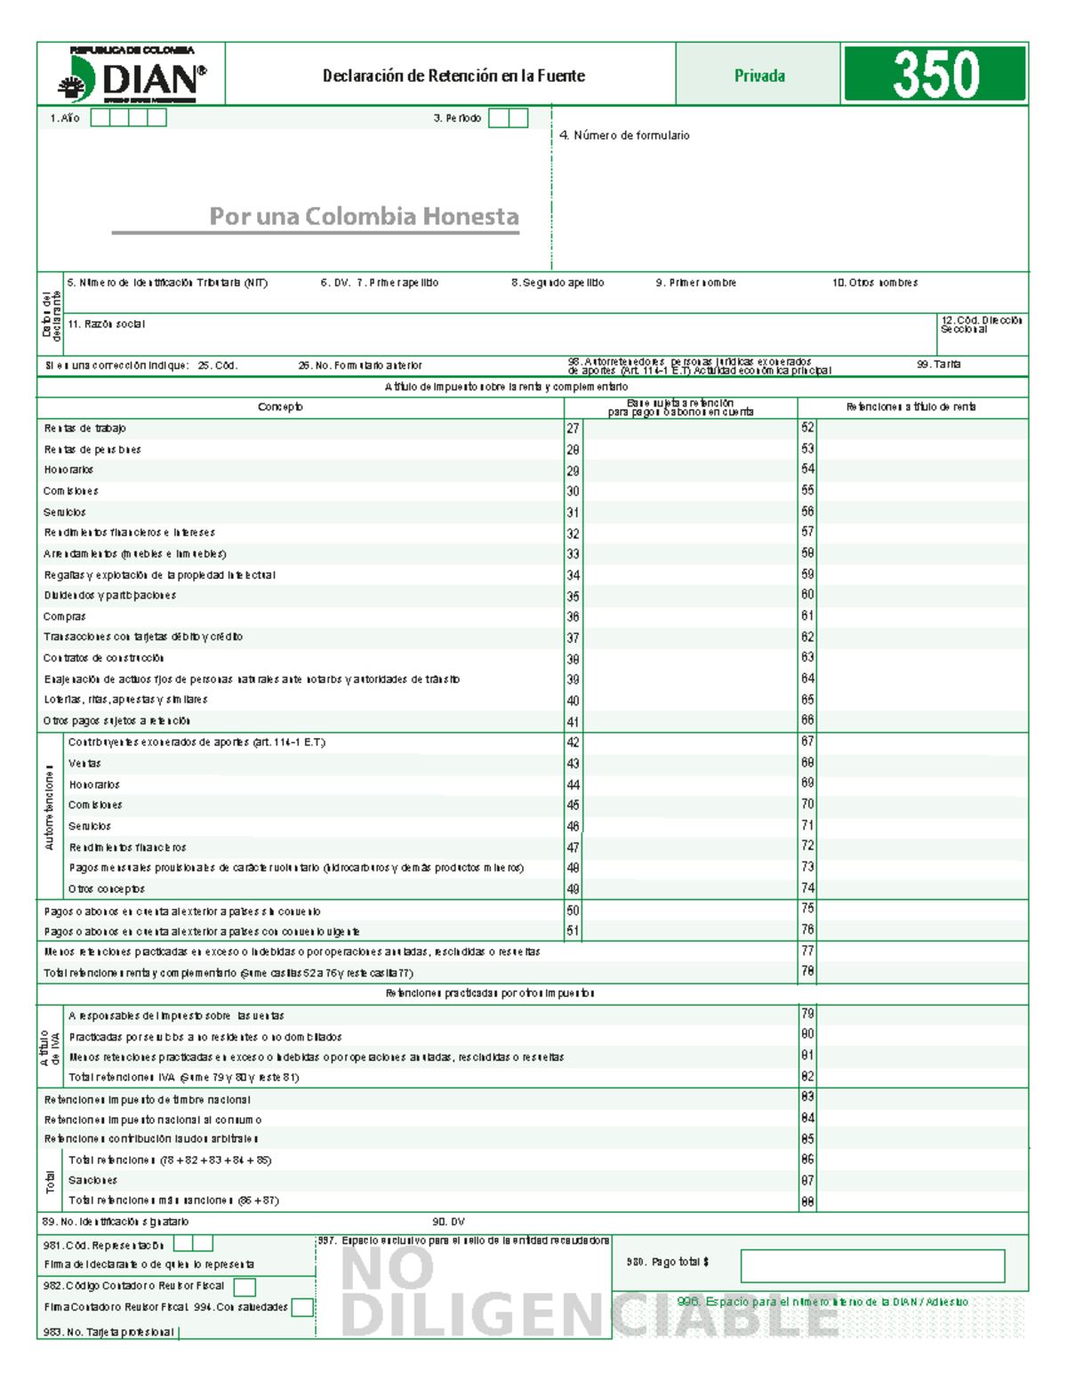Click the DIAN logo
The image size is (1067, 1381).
(132, 76)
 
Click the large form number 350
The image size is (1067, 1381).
(935, 74)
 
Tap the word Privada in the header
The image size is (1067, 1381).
(759, 76)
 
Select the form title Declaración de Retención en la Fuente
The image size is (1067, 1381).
(453, 76)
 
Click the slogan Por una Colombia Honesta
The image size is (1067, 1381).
(364, 216)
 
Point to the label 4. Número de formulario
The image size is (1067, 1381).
(624, 135)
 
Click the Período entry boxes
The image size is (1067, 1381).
(509, 118)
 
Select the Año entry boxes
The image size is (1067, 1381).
(129, 118)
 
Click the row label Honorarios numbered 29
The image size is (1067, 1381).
(68, 470)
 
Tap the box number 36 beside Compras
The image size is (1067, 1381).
(574, 617)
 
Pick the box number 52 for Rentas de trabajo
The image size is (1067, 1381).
(807, 428)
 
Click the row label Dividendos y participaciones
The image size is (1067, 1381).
(110, 596)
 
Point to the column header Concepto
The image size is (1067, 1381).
(280, 407)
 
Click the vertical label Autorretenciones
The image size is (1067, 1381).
(50, 807)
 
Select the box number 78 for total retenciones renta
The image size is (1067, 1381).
(807, 972)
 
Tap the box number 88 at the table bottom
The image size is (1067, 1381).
(807, 1201)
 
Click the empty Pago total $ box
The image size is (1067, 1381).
(872, 1265)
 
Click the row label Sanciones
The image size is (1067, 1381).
(92, 1180)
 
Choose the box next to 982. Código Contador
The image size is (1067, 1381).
(245, 1287)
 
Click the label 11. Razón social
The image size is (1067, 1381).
(106, 325)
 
